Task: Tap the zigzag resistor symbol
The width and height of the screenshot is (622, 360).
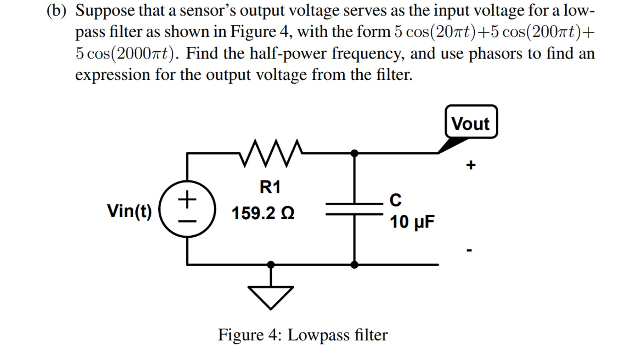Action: point(271,153)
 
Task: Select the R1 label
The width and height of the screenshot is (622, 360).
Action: point(270,187)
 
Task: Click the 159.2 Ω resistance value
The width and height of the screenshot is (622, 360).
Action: point(263,213)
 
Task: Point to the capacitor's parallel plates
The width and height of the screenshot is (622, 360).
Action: point(354,209)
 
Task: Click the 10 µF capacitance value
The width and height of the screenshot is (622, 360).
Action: point(412,222)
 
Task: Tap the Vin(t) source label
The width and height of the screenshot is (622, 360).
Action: point(130,211)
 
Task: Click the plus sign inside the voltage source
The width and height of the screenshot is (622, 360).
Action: point(187,199)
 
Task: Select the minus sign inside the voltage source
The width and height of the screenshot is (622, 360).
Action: point(187,221)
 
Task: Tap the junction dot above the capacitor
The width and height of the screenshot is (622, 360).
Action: point(354,153)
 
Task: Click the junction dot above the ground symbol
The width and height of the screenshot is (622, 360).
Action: point(271,264)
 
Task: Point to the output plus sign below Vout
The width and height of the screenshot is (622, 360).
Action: point(471,165)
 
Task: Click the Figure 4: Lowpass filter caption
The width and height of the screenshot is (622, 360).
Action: point(302,335)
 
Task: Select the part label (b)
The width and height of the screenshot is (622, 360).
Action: point(56,11)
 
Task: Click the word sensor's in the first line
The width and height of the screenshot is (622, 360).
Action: point(208,11)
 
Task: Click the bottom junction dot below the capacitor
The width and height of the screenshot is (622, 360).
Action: point(354,264)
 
